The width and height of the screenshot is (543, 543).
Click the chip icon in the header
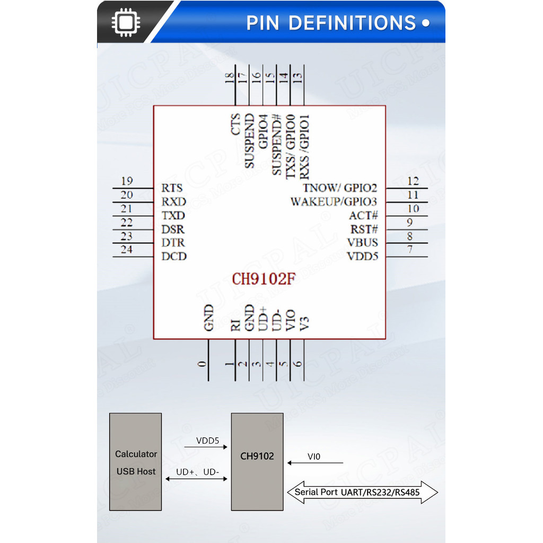(125, 22)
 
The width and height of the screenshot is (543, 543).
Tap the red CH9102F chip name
(264, 279)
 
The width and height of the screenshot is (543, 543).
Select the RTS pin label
(172, 188)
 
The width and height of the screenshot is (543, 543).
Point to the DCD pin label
(174, 257)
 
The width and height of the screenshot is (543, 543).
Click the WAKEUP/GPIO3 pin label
(334, 202)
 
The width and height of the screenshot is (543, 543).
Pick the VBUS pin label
(363, 243)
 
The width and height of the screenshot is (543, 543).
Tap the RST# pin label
(364, 230)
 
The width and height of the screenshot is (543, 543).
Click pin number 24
(126, 250)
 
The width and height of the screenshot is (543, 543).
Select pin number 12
(413, 181)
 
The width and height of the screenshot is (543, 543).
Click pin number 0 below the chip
(202, 364)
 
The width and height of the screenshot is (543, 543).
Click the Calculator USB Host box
(135, 462)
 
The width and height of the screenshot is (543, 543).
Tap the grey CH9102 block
(257, 462)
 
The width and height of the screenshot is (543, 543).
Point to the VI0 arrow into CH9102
(316, 463)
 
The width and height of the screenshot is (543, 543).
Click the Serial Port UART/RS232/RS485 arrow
(363, 492)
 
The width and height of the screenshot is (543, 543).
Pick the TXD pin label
(173, 216)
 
